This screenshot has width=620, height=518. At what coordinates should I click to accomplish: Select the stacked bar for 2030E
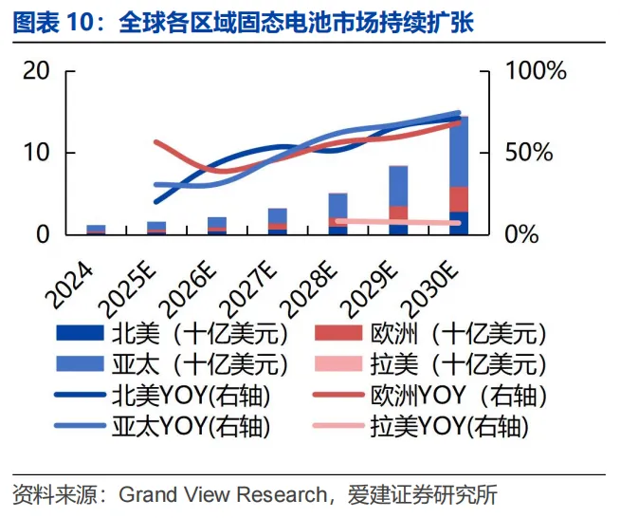tap(459, 176)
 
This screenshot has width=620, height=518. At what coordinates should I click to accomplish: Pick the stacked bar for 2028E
tap(338, 214)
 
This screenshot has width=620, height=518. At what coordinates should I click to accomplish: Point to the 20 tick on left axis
tap(37, 71)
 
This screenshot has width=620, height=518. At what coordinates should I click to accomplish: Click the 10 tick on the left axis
tap(37, 153)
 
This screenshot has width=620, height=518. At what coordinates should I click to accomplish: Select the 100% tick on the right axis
tap(535, 71)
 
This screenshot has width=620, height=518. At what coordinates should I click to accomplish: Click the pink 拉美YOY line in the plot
tap(398, 222)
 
